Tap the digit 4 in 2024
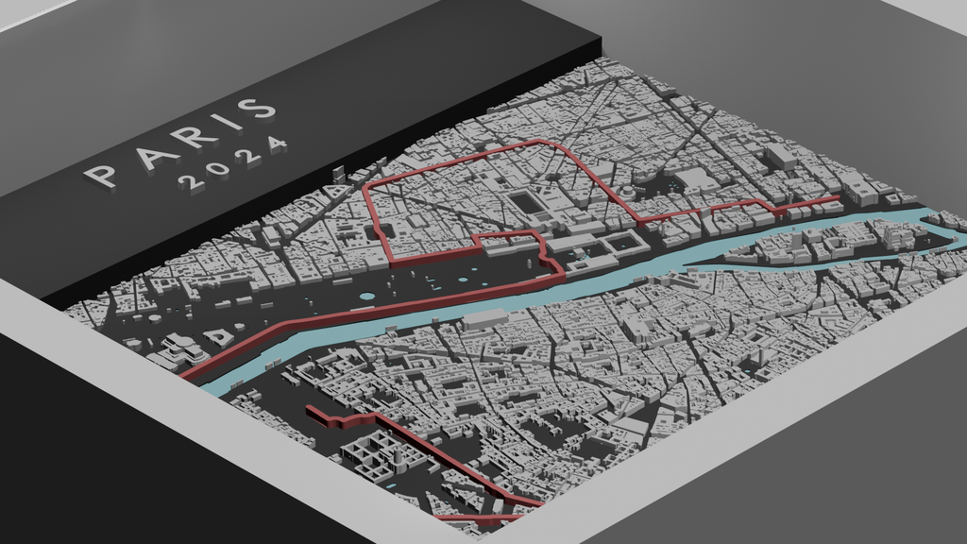click(x=276, y=144)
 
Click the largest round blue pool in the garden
click(x=367, y=297)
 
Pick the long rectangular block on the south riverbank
click(x=483, y=318)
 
